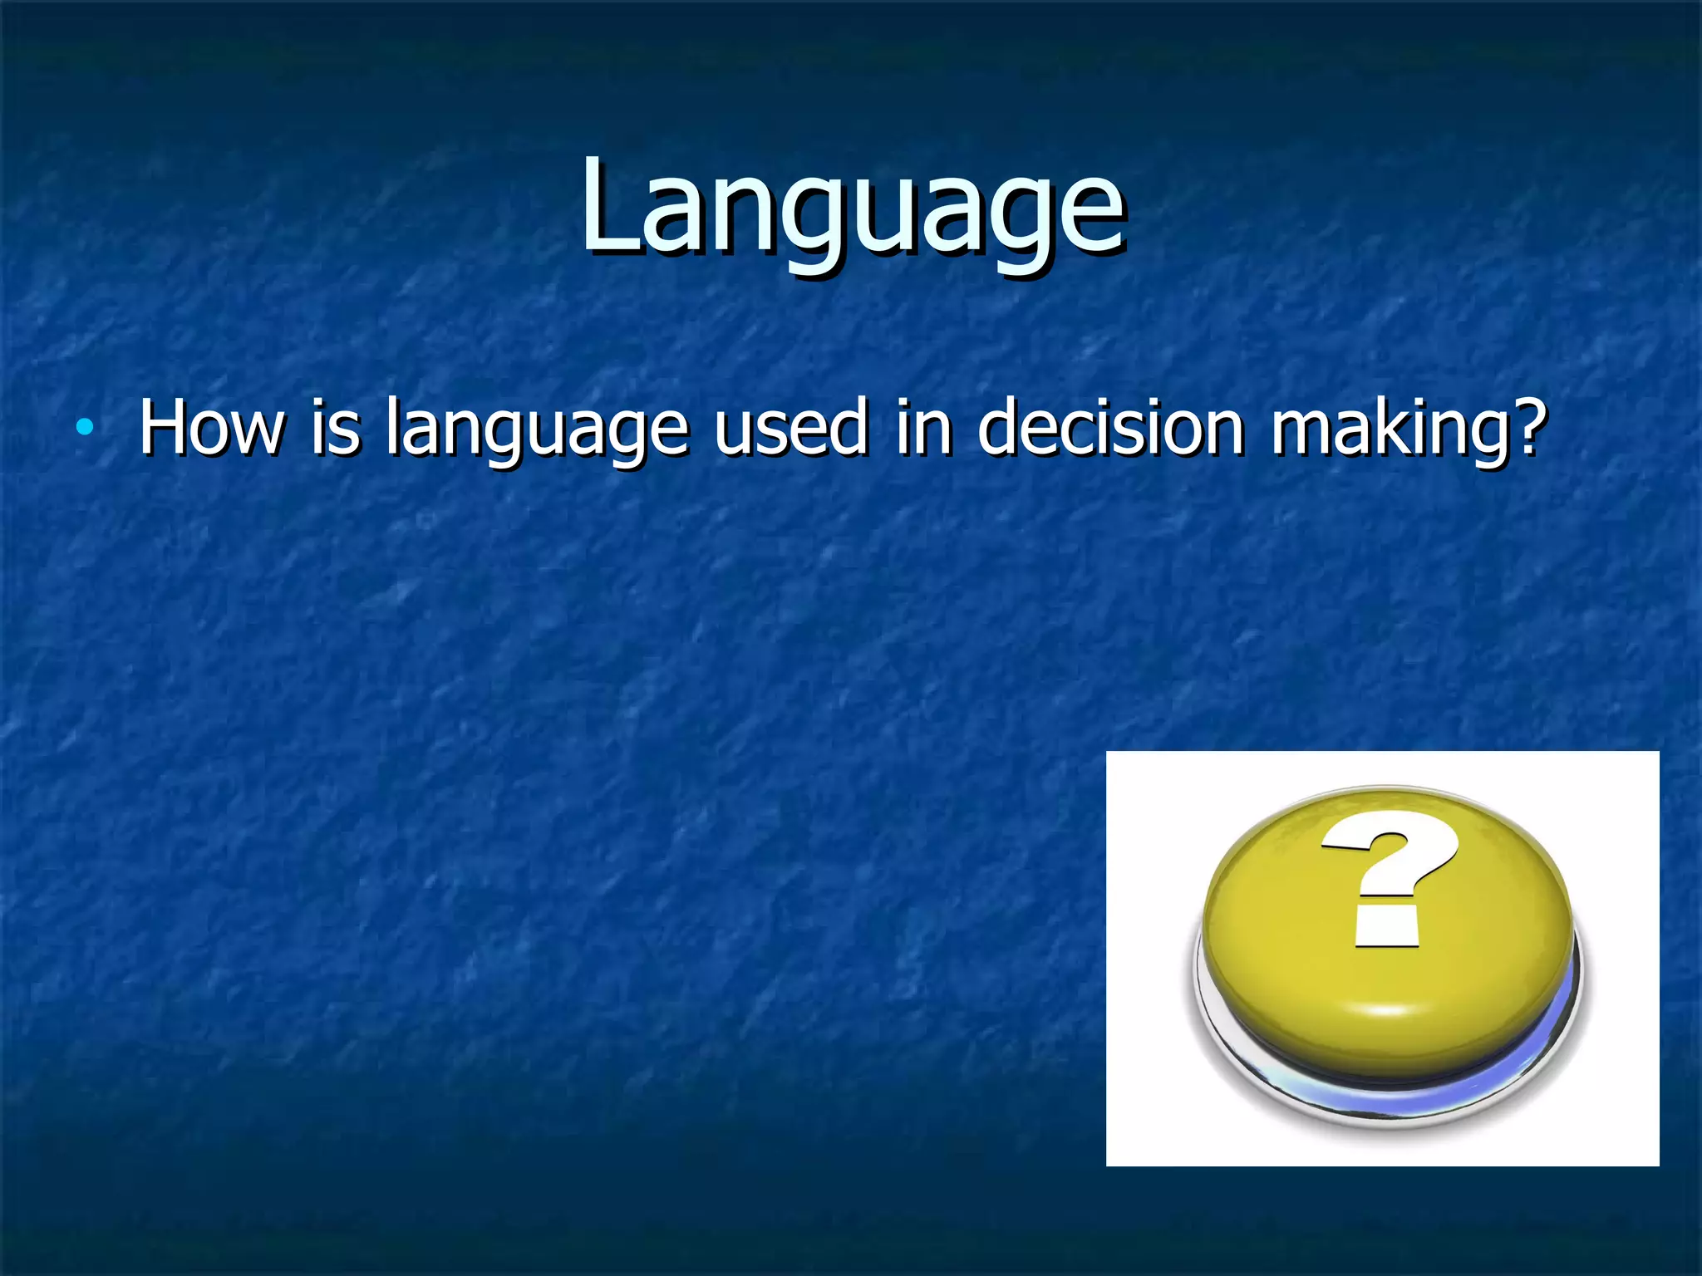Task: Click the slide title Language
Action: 853,208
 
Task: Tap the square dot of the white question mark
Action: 1386,926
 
